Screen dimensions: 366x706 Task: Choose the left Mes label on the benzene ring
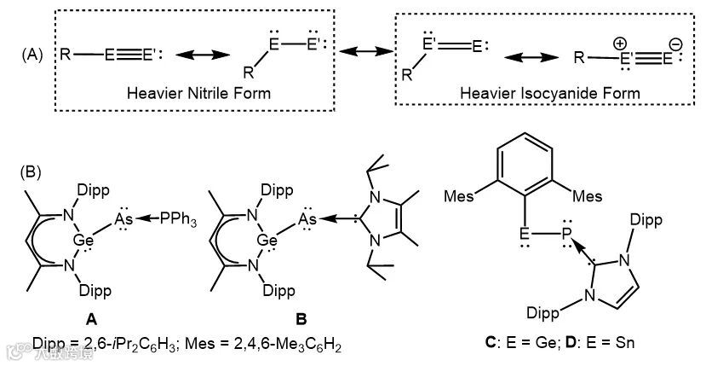pyautogui.click(x=457, y=198)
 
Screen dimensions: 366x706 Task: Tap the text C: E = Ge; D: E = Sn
pyautogui.click(x=558, y=344)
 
